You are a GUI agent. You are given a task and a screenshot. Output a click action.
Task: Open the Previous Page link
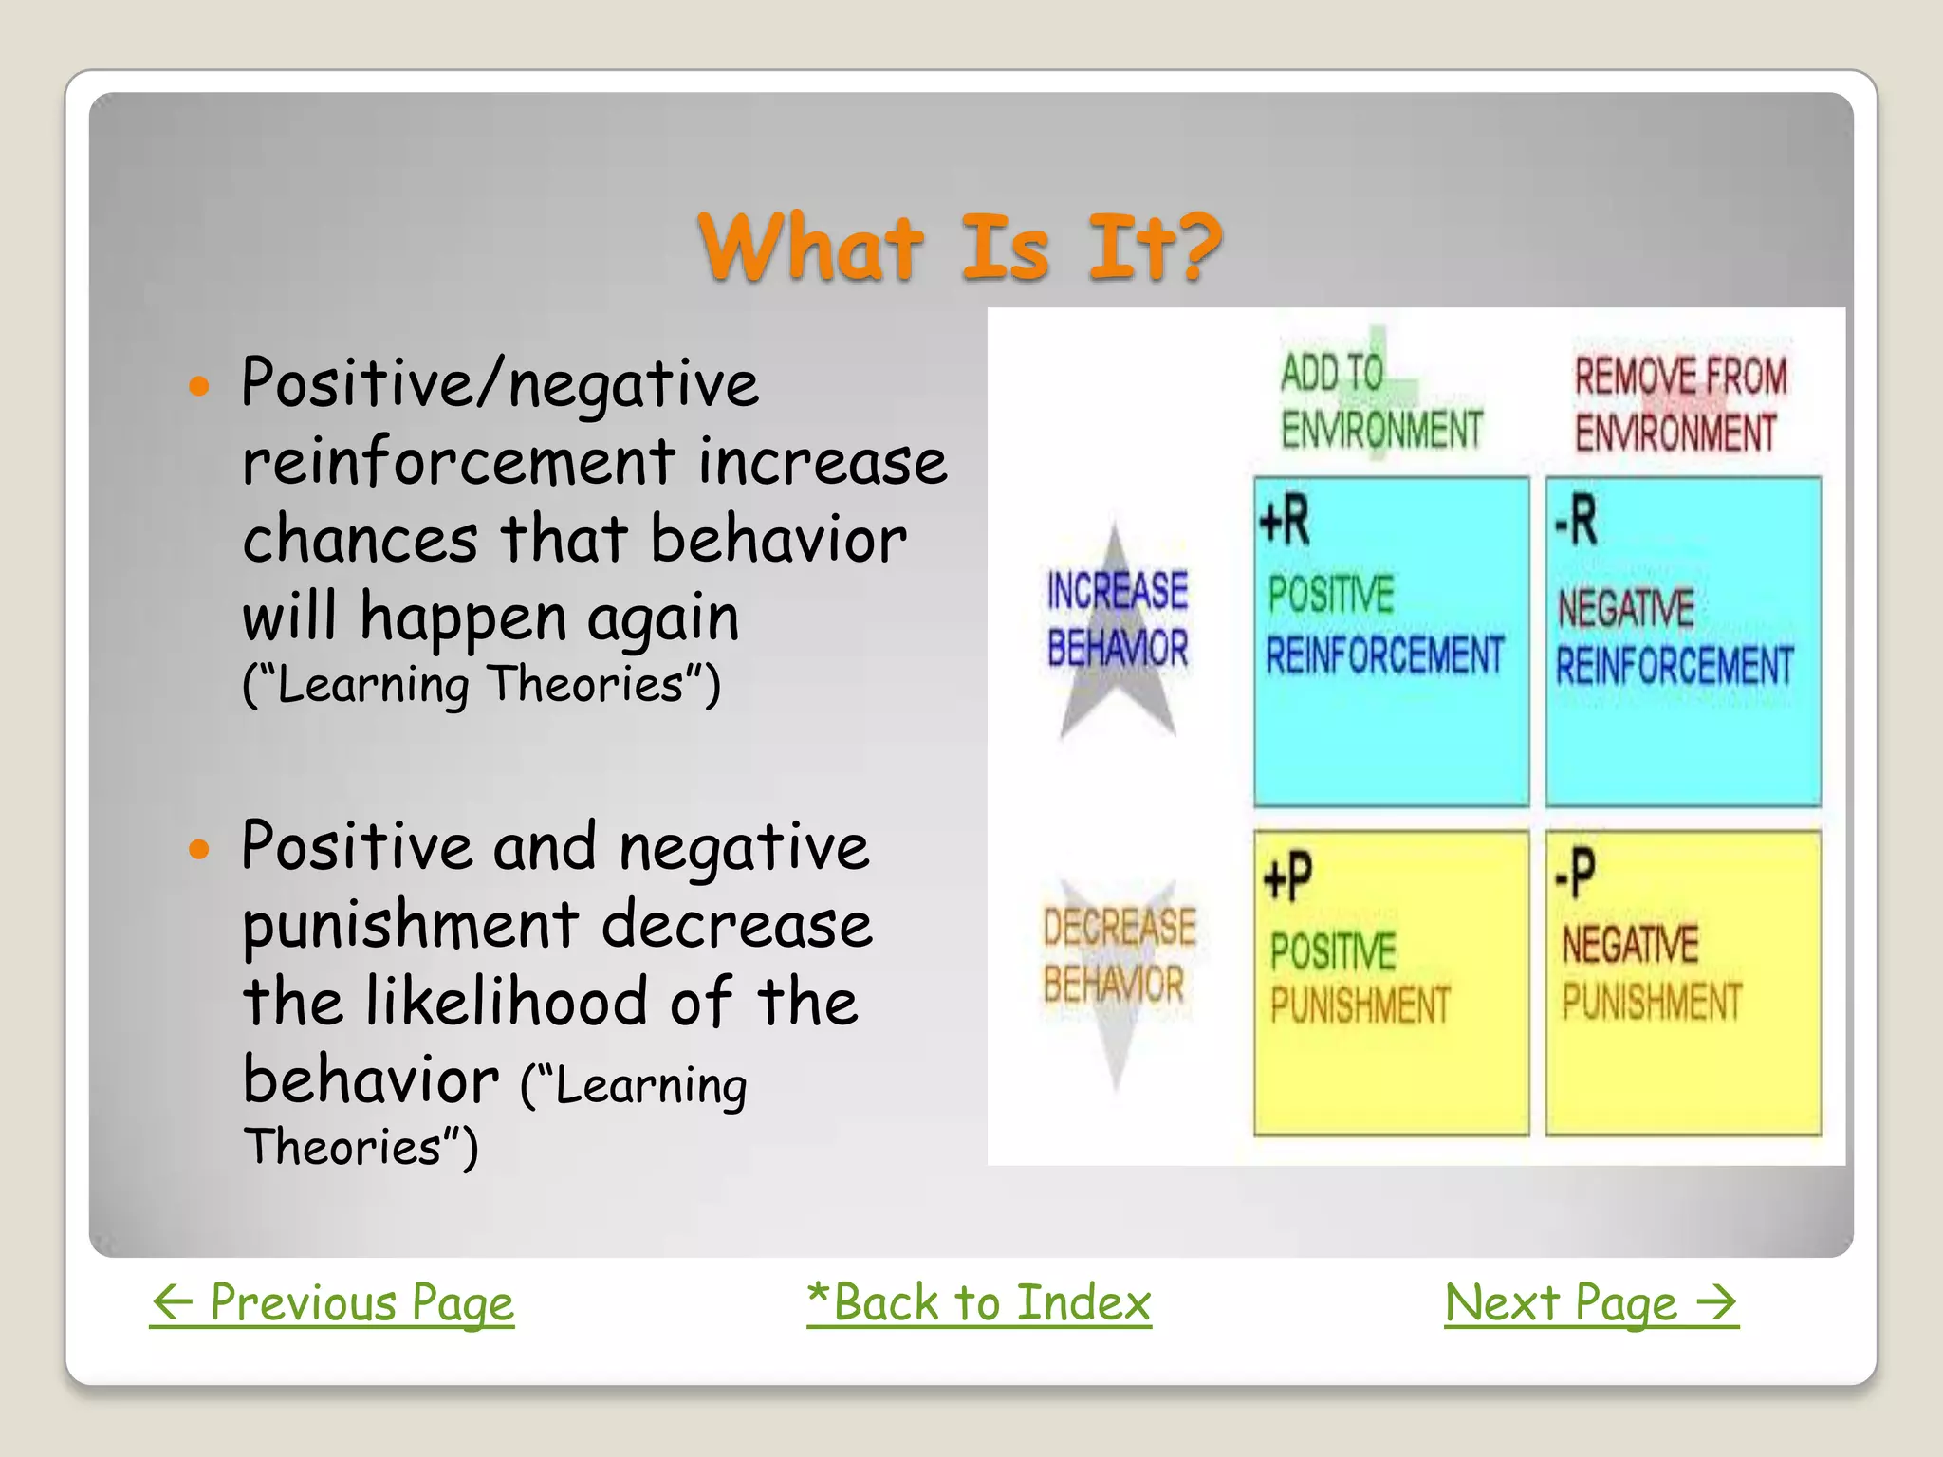[332, 1302]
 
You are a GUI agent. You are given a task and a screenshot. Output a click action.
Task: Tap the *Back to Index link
[979, 1302]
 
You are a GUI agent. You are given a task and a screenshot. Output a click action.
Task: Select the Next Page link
[1591, 1302]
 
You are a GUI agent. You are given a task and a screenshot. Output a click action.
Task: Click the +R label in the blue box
[1285, 522]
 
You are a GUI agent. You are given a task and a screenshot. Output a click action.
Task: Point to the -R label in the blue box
[1576, 522]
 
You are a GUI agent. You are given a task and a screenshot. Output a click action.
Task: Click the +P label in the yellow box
[1287, 876]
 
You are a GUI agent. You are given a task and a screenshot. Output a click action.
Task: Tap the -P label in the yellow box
[1575, 873]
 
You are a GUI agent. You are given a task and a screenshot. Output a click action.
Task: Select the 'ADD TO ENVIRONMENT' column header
[1380, 401]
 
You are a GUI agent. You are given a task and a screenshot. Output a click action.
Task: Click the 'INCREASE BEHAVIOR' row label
[1117, 619]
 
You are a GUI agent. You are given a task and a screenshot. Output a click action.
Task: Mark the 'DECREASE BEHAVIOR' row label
[1118, 955]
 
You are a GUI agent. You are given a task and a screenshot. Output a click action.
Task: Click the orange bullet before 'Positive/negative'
[198, 386]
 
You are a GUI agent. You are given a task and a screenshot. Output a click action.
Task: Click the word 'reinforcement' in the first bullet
[459, 463]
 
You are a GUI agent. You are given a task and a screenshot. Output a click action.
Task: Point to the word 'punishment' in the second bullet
[411, 926]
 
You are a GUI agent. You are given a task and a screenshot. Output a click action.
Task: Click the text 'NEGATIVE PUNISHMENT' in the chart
[1651, 973]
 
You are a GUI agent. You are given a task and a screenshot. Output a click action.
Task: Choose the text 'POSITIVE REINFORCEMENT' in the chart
[1383, 626]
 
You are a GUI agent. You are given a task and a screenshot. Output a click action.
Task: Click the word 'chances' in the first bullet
[360, 541]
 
